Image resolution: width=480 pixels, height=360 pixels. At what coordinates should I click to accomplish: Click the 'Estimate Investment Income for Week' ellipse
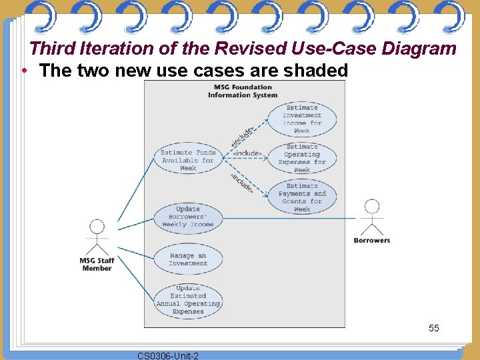302,119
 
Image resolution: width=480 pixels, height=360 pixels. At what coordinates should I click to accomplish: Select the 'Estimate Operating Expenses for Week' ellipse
302,158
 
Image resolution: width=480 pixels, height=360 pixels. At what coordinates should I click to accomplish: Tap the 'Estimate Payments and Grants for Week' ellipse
302,197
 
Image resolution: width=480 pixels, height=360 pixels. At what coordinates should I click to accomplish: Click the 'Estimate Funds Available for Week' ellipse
188,160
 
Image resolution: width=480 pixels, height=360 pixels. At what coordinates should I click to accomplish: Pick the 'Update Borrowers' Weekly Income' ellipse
188,217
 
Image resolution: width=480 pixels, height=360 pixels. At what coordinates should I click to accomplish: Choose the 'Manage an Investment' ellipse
188,259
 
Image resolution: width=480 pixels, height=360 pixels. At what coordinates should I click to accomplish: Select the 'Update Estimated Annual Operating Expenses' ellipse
188,300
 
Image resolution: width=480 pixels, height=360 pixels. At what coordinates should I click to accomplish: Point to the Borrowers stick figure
371,217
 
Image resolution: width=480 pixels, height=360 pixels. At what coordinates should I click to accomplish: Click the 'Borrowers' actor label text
371,241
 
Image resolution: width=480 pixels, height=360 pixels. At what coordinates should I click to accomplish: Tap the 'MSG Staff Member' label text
97,265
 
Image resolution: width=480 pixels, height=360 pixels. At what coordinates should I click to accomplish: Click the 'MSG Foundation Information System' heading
243,91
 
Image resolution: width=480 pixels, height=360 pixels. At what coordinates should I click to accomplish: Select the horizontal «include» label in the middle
247,153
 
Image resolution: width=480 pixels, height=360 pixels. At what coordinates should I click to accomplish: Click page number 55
434,328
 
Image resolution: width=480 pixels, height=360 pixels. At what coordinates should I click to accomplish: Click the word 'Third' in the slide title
53,49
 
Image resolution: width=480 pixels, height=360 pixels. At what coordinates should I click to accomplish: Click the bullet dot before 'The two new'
24,70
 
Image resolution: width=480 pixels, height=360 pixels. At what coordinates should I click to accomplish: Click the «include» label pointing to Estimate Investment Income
242,137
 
